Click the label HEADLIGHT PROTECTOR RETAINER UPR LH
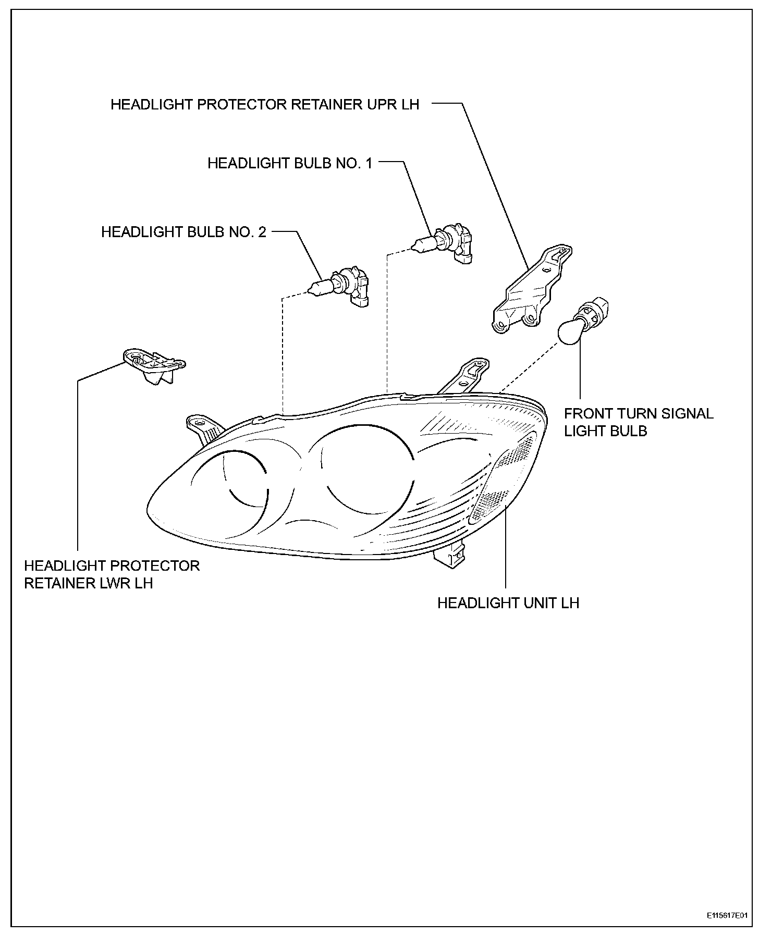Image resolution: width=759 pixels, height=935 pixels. tap(265, 104)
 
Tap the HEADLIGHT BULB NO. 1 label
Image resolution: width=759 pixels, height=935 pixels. tap(290, 163)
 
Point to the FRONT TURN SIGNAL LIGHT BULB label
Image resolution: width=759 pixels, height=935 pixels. tap(638, 422)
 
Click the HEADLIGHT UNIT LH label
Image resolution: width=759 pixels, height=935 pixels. tap(508, 603)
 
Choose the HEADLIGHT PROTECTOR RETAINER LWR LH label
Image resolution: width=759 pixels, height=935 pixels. tap(112, 574)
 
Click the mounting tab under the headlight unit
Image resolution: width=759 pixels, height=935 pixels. tap(449, 556)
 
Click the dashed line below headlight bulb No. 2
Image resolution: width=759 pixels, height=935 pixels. tap(282, 354)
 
